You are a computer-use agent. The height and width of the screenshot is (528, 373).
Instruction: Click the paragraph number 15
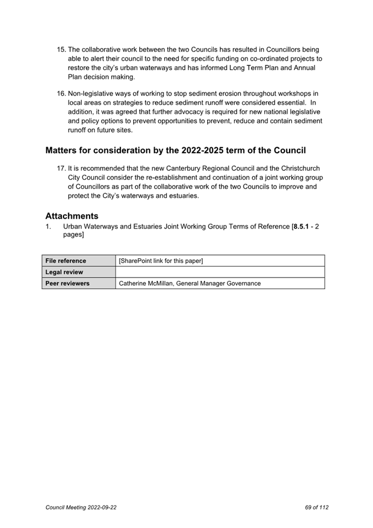click(x=61, y=50)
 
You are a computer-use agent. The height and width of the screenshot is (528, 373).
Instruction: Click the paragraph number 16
click(x=61, y=94)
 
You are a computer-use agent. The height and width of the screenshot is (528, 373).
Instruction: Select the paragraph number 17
click(x=61, y=169)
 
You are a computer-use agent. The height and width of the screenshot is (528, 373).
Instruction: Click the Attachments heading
click(x=72, y=216)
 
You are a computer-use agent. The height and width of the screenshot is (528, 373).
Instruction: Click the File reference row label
click(x=66, y=261)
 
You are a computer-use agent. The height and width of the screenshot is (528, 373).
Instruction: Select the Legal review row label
click(x=64, y=272)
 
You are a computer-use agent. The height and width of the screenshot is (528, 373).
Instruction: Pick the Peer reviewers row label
click(x=67, y=284)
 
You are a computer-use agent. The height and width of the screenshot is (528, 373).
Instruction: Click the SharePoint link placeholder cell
click(x=161, y=261)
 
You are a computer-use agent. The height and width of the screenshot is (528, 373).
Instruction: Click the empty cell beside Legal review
click(x=220, y=272)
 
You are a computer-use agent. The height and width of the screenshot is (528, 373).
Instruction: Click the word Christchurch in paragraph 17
click(x=297, y=169)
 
